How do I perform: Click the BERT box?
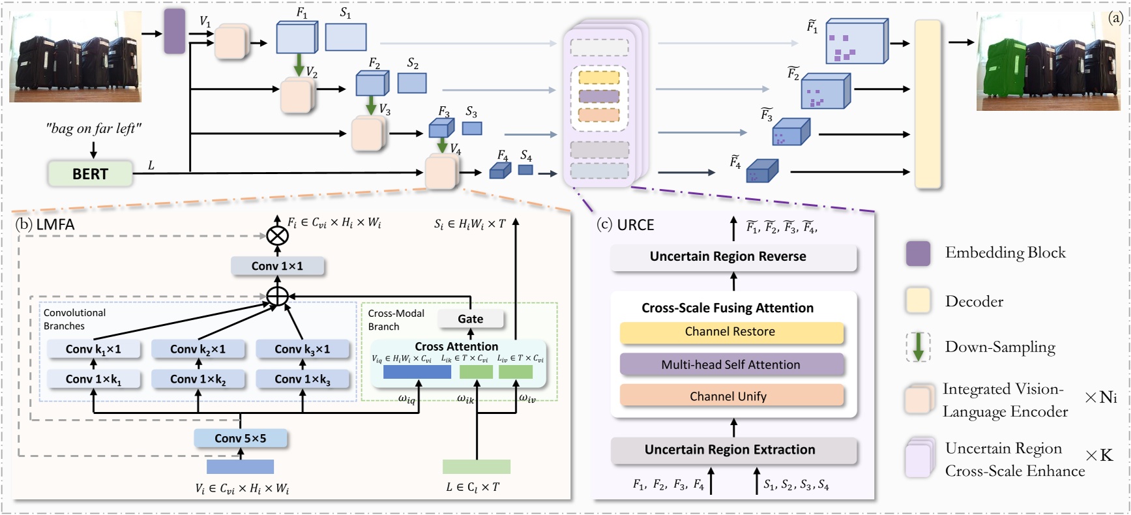tap(90, 174)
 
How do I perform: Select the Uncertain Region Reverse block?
tap(733, 257)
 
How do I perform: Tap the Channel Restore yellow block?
tap(731, 332)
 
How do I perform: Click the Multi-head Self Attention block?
tap(731, 365)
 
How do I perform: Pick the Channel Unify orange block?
tap(731, 396)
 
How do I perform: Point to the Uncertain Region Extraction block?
tap(733, 450)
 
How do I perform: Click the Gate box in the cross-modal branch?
tap(470, 319)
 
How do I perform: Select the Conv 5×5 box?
tap(241, 439)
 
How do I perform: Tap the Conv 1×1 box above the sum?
tap(278, 266)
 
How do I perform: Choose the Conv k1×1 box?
tap(93, 349)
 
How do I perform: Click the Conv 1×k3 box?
tap(302, 379)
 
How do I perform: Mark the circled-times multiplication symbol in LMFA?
tap(278, 235)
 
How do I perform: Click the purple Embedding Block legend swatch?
tap(918, 253)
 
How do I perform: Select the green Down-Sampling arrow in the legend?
tap(918, 347)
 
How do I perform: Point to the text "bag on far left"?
tap(93, 128)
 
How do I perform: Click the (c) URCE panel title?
tap(625, 225)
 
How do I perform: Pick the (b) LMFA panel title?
tap(45, 224)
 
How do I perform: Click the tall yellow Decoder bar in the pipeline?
tap(928, 104)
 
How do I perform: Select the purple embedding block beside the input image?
tap(174, 31)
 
